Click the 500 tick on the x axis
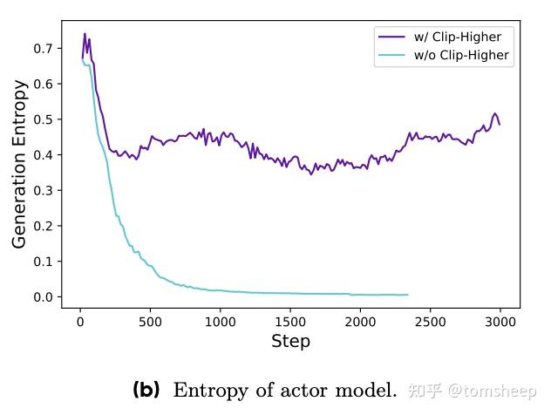(x=150, y=321)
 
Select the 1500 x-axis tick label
(x=289, y=321)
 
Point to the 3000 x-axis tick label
(x=500, y=321)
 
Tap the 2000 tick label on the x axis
(x=360, y=321)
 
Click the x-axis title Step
(x=290, y=341)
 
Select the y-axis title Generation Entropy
(x=20, y=164)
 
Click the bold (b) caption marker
(x=146, y=390)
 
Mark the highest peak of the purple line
(x=85, y=34)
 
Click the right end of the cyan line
(x=407, y=295)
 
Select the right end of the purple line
(x=500, y=124)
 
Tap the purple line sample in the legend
(x=391, y=37)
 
